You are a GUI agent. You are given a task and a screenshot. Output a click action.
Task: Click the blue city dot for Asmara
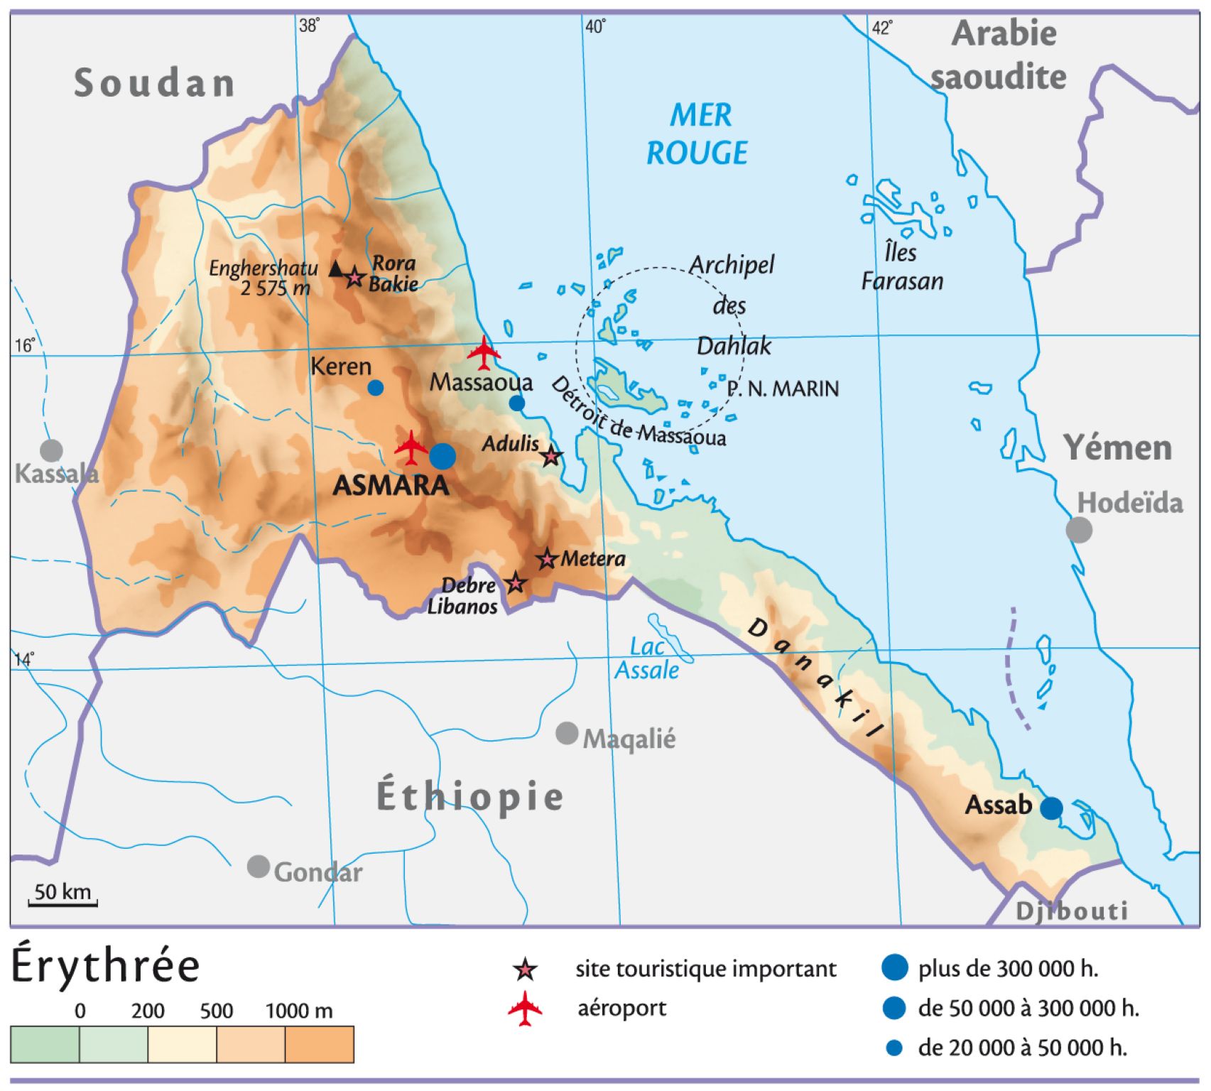pos(442,456)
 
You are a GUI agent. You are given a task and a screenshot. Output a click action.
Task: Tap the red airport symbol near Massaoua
pos(484,352)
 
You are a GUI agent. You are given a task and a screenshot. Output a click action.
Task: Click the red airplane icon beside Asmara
pos(411,447)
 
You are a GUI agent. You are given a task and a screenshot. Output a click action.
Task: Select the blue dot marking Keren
pos(376,388)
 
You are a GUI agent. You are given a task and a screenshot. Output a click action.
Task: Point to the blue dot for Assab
pos(1051,808)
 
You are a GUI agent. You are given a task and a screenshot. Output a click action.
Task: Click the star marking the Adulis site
pos(551,456)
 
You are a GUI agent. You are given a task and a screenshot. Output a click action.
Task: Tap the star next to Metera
pos(546,559)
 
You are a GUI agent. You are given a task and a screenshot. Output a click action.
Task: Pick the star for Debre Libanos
pos(516,583)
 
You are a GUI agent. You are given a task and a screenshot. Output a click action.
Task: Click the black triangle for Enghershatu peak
pos(337,268)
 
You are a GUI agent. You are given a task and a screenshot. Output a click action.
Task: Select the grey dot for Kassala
pos(51,450)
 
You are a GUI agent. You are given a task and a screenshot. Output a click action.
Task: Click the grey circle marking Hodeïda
pos(1079,530)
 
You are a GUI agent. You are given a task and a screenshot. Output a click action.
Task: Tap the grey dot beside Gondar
pos(259,867)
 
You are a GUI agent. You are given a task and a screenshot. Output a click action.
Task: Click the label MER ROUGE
pos(697,134)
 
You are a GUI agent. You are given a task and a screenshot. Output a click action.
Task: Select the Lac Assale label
pos(647,659)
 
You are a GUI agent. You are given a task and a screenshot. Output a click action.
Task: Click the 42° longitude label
pos(881,28)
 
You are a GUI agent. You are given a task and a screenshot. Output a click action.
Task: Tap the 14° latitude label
pos(23,659)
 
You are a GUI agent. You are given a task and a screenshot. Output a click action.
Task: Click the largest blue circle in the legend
pos(894,967)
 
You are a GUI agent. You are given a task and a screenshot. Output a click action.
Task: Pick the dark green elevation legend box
pos(45,1045)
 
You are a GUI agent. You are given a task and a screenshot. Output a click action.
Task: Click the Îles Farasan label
pos(902,267)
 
